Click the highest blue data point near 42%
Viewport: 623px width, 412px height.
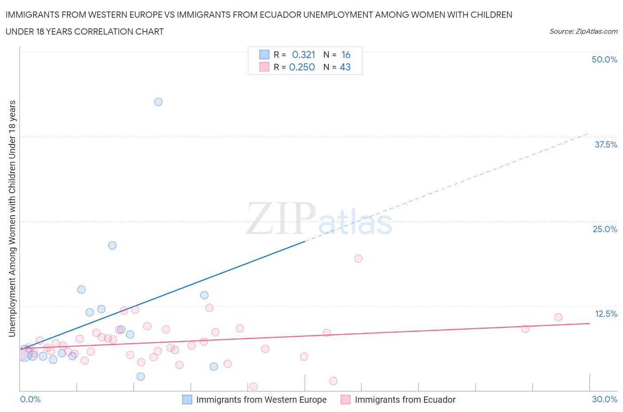[x=158, y=102]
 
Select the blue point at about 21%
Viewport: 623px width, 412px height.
[x=113, y=245]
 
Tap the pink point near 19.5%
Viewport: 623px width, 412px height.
[x=358, y=259]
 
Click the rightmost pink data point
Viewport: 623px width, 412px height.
[x=558, y=317]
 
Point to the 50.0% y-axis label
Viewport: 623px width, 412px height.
[x=604, y=59]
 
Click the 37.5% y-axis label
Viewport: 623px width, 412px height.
[x=606, y=144]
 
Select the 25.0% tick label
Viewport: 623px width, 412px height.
[x=605, y=229]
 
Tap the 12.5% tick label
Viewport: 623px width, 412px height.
[x=606, y=314]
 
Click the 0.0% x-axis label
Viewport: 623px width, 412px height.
[x=30, y=399]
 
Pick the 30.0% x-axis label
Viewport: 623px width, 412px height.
[x=604, y=399]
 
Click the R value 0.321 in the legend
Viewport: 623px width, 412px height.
[x=304, y=54]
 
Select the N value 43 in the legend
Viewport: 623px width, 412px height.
[x=345, y=67]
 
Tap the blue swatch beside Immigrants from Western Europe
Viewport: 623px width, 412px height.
[x=187, y=400]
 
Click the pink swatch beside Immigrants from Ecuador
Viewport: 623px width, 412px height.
[x=346, y=400]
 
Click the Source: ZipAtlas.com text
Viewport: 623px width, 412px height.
[x=583, y=31]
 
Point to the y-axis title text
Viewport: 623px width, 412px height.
[x=12, y=218]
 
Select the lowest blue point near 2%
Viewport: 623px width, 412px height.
[x=140, y=377]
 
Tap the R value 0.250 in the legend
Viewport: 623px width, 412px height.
[x=302, y=67]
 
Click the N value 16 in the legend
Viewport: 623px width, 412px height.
[x=346, y=54]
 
